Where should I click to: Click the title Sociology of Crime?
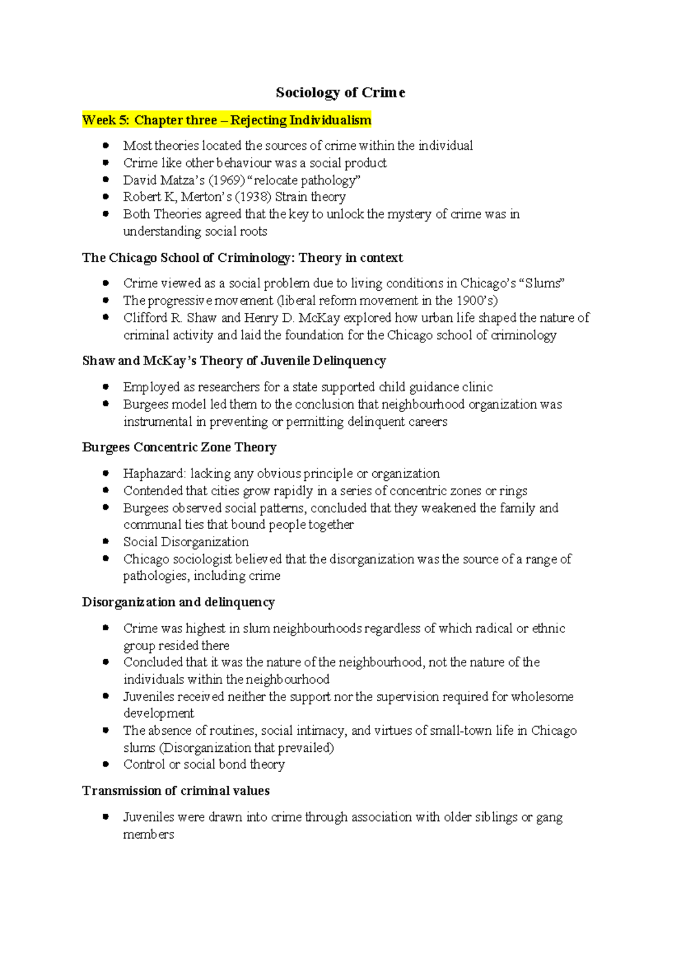[340, 93]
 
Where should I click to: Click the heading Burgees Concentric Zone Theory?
[179, 447]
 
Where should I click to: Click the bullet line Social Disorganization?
[186, 542]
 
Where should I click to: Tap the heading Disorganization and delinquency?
[178, 602]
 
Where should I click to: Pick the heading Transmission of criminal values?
[176, 791]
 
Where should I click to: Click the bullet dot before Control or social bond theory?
[106, 764]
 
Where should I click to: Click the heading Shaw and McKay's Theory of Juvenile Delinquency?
[234, 361]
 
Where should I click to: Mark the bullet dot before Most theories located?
[106, 145]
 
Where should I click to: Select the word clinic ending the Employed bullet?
[477, 387]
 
